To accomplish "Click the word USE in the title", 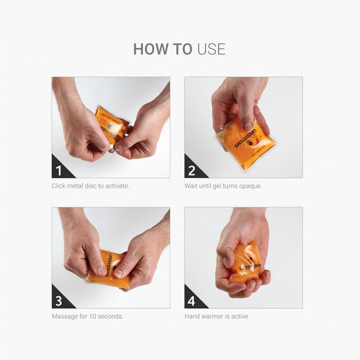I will tap(211, 49).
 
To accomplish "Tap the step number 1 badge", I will tap(60, 169).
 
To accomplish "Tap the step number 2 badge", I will tap(192, 169).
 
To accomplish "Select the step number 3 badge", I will tap(60, 299).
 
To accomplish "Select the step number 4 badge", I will tap(192, 299).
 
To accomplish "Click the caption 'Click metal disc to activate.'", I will tap(90, 186).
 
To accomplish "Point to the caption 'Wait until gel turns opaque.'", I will tap(223, 186).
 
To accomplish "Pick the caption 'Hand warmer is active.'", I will tap(217, 316).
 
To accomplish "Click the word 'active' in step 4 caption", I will tap(240, 316).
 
